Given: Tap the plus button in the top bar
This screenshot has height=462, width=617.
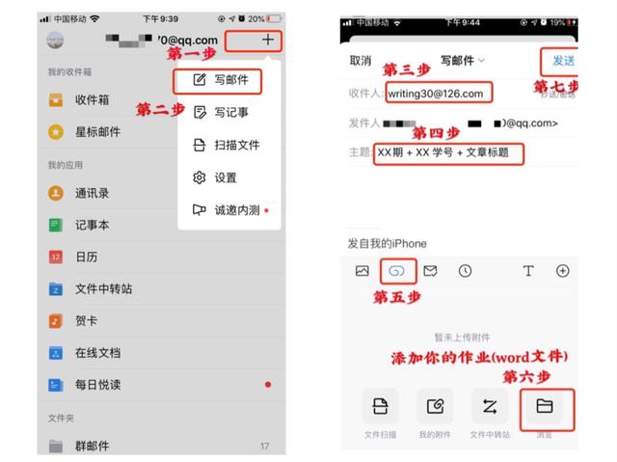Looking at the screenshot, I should point(267,41).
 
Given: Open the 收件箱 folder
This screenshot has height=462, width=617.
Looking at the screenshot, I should point(92,100).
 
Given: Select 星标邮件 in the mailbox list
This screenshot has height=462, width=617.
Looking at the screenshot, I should point(97,132).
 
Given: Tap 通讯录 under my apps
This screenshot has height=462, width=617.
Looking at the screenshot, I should point(92,193).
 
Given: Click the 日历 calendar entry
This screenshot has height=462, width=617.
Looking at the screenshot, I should point(86,258).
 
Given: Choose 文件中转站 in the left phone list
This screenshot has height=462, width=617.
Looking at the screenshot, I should point(103,289).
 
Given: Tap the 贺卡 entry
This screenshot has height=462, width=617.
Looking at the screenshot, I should point(86,321).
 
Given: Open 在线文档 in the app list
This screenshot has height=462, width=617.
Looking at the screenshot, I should point(97,353).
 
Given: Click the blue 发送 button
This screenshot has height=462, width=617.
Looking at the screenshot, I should point(562,60).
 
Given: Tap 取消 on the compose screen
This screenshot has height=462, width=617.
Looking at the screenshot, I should point(361,60).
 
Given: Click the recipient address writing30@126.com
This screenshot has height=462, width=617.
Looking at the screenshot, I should point(439,94).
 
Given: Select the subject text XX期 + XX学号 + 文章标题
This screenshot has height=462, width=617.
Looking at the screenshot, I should point(443,152).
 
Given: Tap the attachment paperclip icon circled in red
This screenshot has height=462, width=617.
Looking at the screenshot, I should point(397,271).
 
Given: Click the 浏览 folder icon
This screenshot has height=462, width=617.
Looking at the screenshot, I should point(545,407).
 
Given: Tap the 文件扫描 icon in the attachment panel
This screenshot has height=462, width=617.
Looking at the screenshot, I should point(380,407).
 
